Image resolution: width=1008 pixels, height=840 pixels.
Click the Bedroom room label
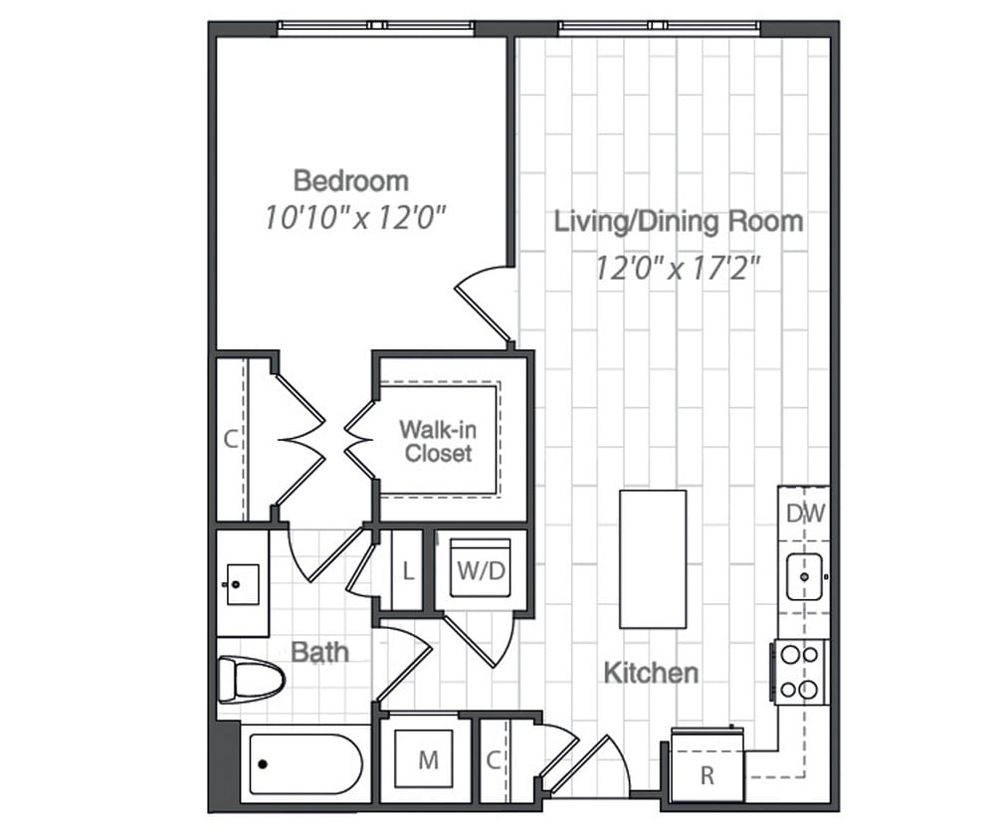coord(350,181)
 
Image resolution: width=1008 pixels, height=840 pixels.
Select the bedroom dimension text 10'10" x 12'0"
coord(352,218)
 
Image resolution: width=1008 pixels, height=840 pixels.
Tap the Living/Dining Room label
coord(678,221)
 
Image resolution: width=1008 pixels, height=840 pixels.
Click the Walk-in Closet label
coord(436,441)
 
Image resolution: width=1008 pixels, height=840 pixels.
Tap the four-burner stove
coord(800,672)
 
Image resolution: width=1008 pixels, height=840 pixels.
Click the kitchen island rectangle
coord(653,558)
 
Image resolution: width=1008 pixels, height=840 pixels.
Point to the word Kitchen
coord(651,674)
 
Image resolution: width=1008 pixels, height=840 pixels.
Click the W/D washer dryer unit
coord(479,569)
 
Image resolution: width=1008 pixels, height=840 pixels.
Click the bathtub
coord(302,763)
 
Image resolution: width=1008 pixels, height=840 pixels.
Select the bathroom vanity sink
coord(242,583)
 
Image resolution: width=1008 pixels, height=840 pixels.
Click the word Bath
coord(319,652)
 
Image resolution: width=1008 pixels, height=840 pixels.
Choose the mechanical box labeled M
coord(427,760)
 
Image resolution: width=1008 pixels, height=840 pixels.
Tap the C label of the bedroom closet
coord(230,439)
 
